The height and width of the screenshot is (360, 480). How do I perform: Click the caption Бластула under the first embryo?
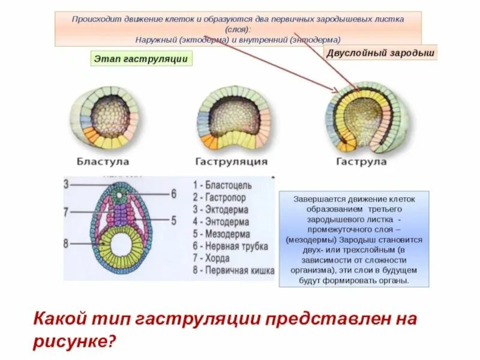103,161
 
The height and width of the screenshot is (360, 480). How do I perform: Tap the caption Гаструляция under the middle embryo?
231,161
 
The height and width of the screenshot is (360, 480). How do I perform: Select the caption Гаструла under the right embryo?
361,161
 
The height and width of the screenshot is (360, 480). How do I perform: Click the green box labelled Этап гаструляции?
142,58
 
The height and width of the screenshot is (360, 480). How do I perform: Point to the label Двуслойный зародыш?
380,52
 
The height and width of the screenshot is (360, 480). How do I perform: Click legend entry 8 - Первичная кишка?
234,271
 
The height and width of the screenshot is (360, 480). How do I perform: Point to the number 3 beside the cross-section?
67,184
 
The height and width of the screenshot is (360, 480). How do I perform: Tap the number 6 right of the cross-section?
173,194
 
